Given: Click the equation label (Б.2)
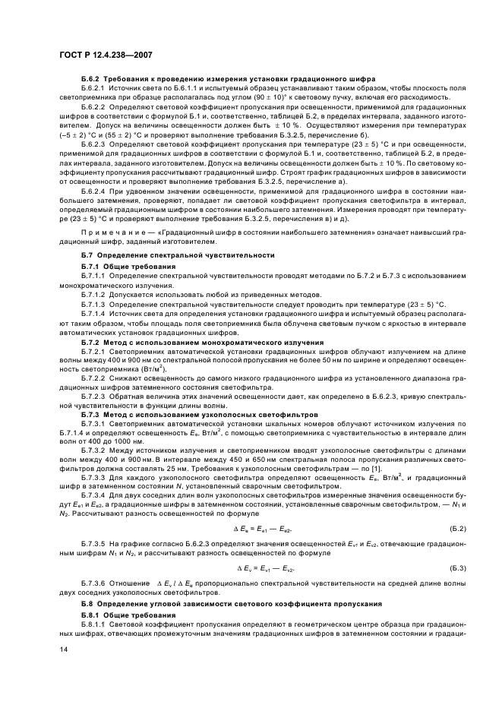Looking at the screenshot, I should [458, 528].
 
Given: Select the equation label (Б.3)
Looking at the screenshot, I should [458, 567].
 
